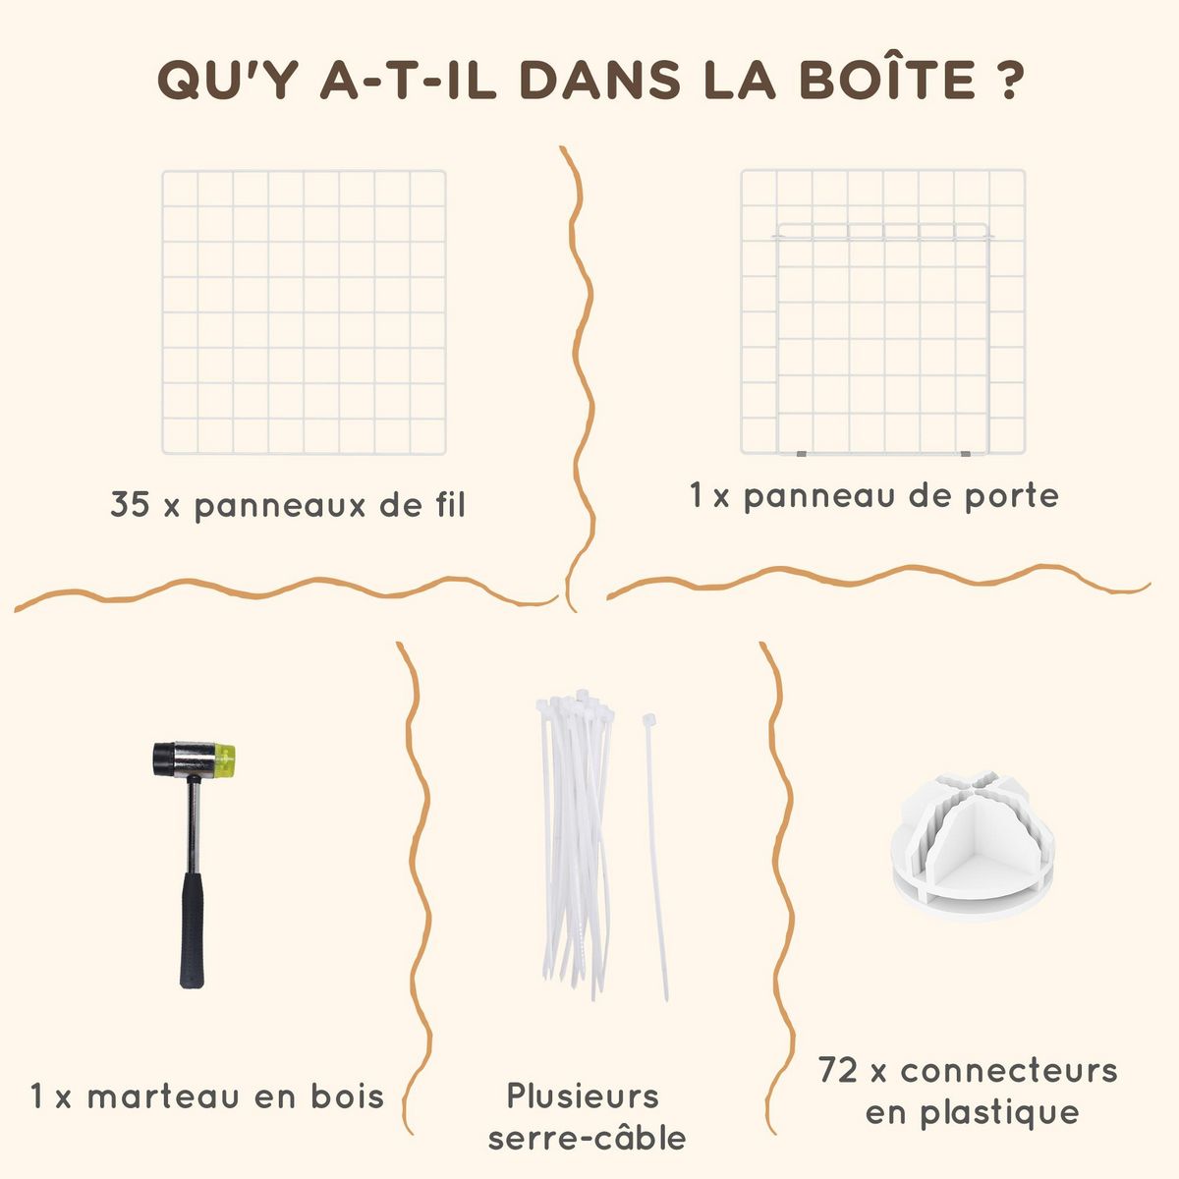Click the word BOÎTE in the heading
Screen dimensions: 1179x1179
(x=887, y=78)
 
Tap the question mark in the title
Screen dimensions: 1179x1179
(x=1007, y=80)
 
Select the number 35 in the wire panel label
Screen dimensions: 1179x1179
(x=130, y=504)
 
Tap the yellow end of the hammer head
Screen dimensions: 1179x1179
(x=225, y=759)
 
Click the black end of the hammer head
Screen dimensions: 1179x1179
(x=163, y=759)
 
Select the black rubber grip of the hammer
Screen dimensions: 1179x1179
(x=192, y=930)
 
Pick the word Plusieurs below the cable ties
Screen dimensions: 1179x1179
(x=583, y=1095)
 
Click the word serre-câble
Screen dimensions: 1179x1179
(x=587, y=1139)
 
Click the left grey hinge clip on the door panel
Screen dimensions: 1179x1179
(x=802, y=455)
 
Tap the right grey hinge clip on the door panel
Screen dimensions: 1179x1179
(x=966, y=455)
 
